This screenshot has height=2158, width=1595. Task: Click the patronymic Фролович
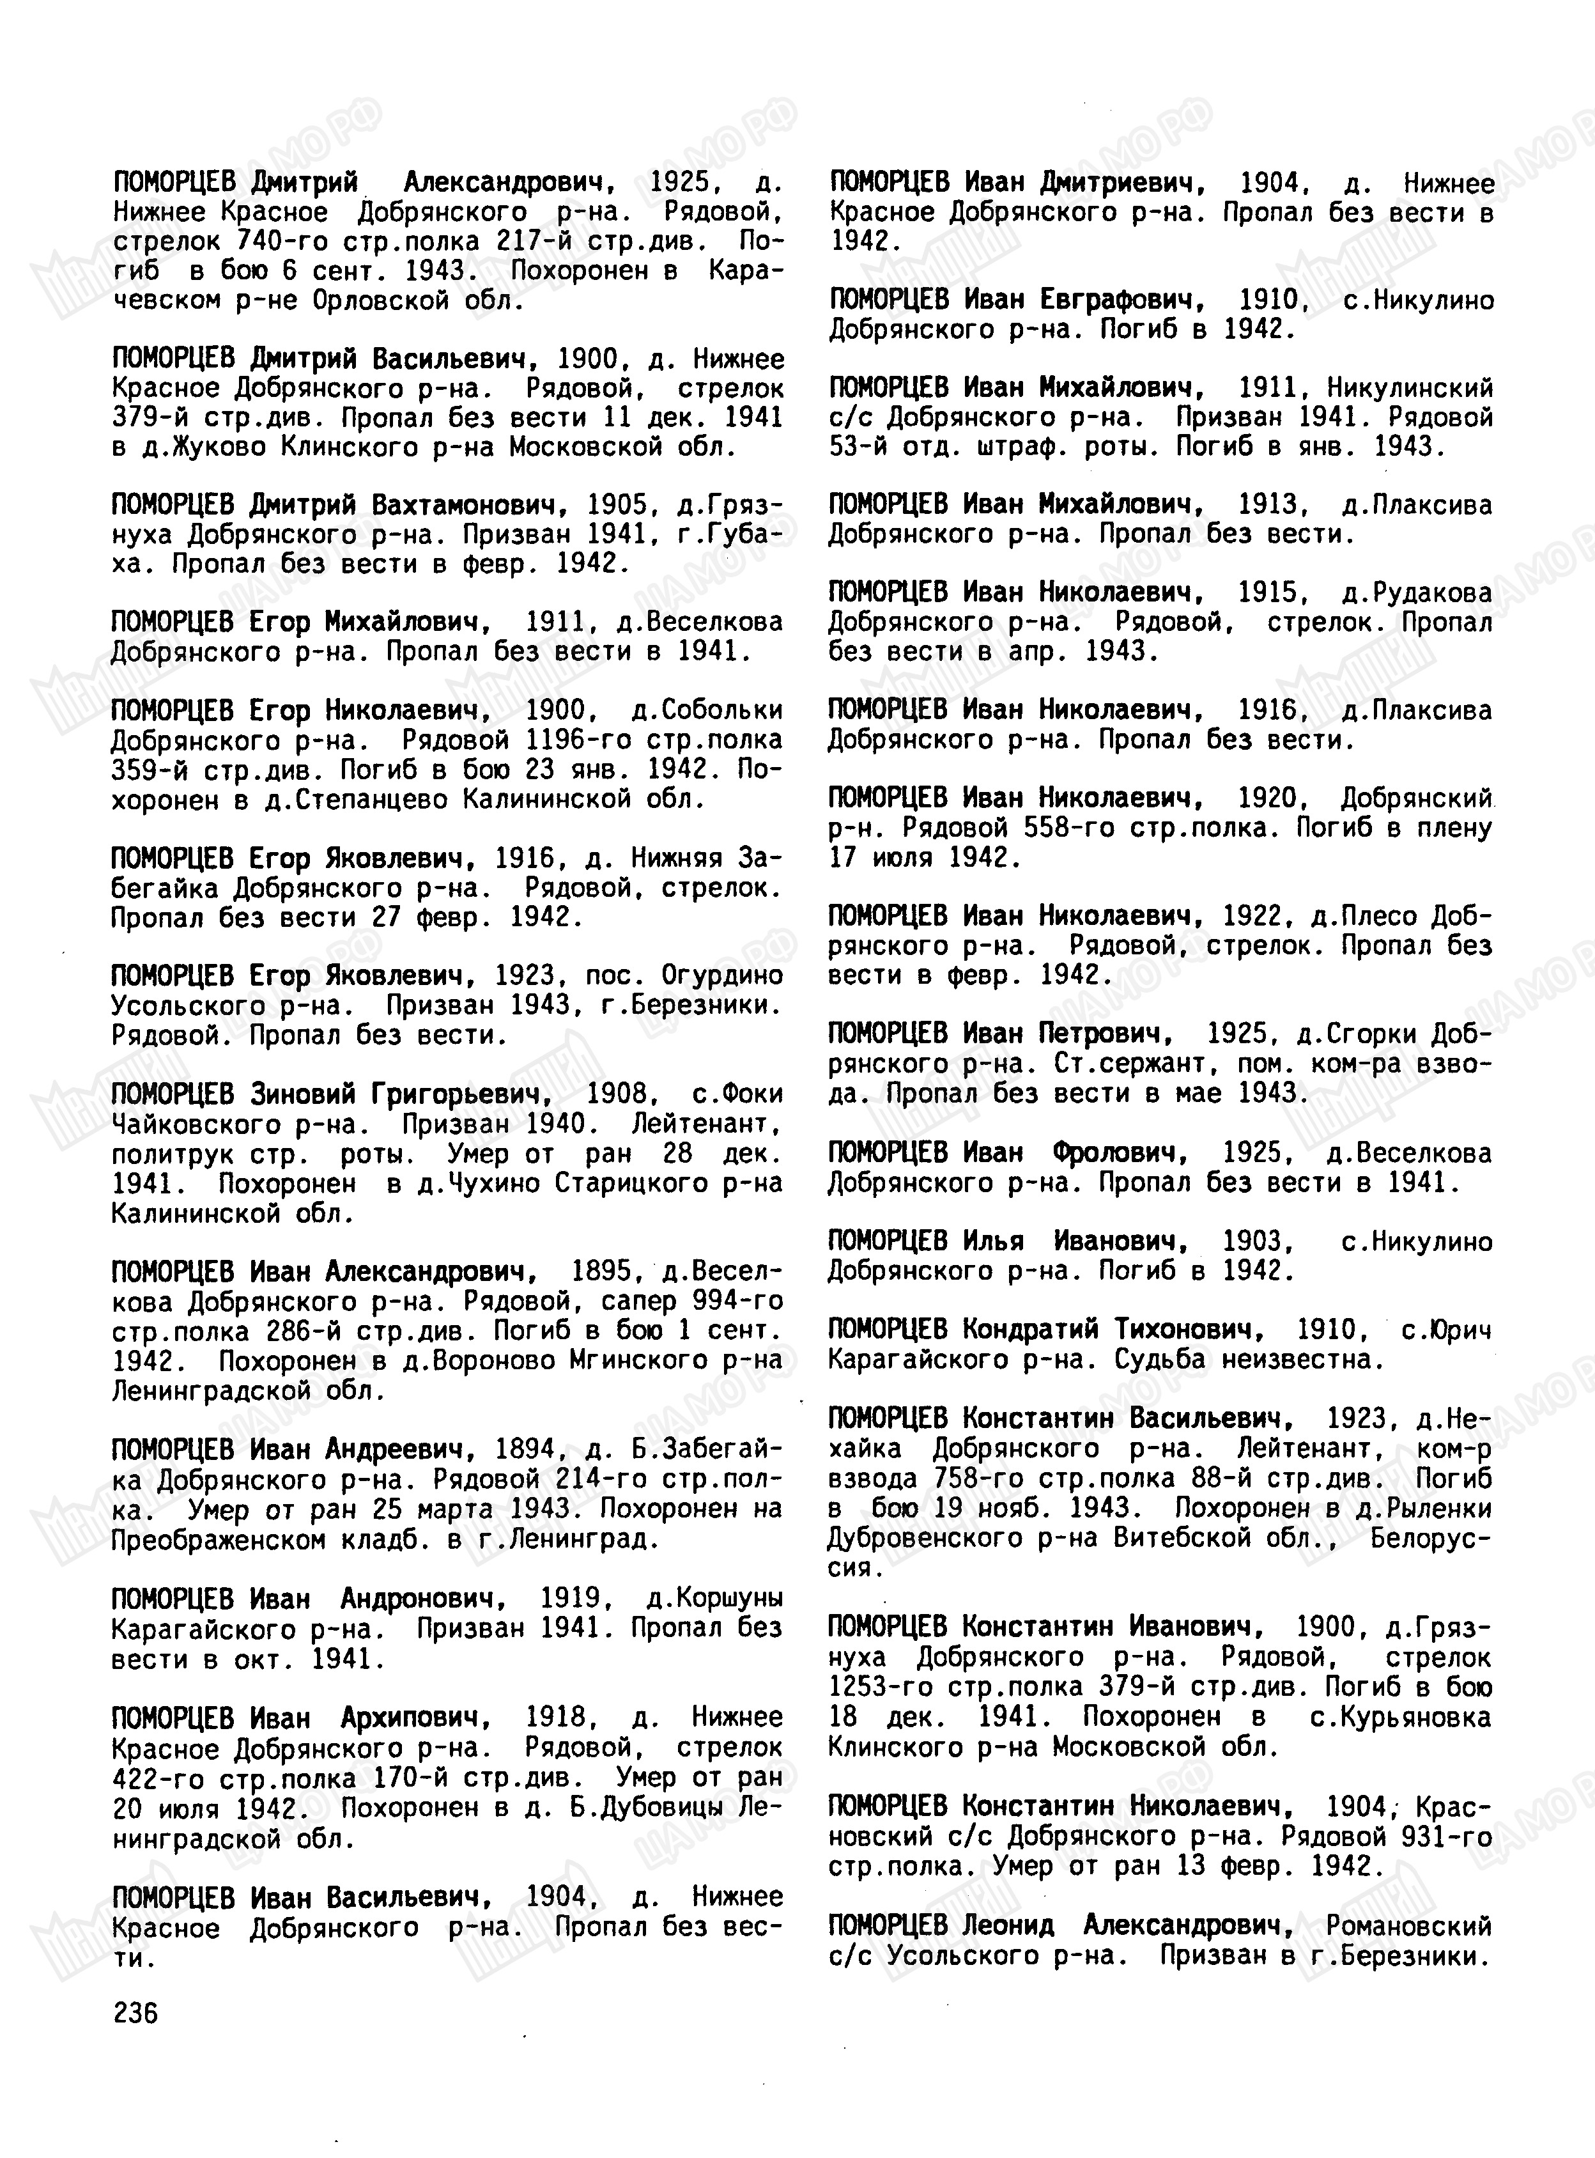click(1120, 1153)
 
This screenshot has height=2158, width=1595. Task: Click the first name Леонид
click(1008, 1926)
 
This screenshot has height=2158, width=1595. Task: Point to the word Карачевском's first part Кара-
click(744, 271)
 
